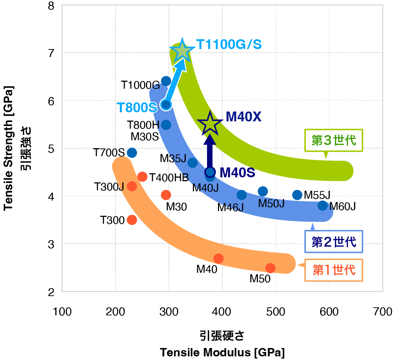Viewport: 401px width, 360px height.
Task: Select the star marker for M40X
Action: [x=210, y=124]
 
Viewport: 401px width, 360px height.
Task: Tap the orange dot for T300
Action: [x=132, y=220]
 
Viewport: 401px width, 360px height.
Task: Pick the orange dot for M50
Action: [x=270, y=268]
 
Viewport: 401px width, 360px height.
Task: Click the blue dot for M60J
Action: [x=323, y=206]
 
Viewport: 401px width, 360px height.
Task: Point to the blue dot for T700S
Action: [x=132, y=153]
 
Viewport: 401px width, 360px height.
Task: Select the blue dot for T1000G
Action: [x=166, y=81]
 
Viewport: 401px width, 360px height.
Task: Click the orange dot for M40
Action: [x=218, y=259]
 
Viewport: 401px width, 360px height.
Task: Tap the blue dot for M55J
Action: [x=297, y=195]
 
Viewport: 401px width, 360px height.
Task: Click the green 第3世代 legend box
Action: [x=334, y=141]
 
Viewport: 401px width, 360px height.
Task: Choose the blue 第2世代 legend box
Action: [x=334, y=242]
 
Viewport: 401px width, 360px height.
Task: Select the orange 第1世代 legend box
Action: [x=334, y=270]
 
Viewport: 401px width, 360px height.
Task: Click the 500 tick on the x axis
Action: [x=276, y=312]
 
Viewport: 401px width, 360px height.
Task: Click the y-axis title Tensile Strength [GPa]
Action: [x=8, y=148]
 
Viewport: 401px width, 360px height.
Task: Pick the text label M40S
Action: [x=238, y=173]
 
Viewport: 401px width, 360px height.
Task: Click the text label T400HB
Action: [x=169, y=178]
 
